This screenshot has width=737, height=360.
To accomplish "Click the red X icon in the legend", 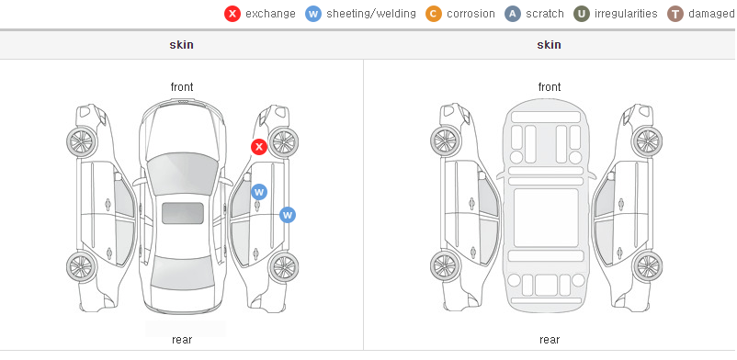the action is click(232, 14).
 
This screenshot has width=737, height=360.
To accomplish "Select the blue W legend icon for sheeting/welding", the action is click(313, 14).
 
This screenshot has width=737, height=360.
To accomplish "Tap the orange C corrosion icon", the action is click(434, 14).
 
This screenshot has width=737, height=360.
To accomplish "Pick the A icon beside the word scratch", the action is click(513, 14).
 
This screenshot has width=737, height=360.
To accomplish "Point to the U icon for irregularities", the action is click(582, 14).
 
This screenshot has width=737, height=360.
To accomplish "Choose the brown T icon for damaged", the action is click(675, 14).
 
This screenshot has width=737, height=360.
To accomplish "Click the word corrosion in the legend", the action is click(471, 14).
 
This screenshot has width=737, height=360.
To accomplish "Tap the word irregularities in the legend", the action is click(626, 14).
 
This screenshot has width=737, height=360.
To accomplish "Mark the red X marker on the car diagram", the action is click(259, 147).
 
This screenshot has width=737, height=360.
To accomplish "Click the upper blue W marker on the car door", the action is click(259, 192).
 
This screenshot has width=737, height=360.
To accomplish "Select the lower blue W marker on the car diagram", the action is click(288, 215).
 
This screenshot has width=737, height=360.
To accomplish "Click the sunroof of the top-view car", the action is click(183, 213).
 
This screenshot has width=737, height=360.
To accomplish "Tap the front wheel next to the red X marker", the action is click(283, 141).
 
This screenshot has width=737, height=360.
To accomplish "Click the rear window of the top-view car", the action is click(182, 272).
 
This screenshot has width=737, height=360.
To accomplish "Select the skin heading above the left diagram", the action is click(181, 45).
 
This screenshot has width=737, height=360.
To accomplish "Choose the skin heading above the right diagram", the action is click(549, 45).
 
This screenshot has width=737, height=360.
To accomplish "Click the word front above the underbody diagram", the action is click(550, 87).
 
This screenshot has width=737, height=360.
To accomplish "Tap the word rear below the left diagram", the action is click(182, 340).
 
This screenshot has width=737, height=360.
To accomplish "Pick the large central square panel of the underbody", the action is click(546, 218).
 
